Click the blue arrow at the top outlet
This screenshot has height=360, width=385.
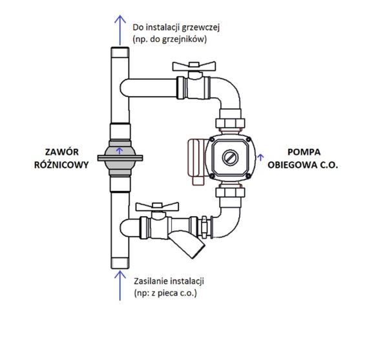(120, 30)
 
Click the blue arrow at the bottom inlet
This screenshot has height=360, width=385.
(120, 285)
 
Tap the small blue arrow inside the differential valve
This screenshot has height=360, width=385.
(120, 150)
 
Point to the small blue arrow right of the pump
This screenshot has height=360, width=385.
(260, 157)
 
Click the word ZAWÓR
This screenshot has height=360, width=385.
(62, 152)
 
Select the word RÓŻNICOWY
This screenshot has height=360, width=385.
(61, 165)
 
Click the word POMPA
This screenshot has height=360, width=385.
(304, 152)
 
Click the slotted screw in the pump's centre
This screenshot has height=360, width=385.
(231, 157)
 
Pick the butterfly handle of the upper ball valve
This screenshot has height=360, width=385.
(194, 66)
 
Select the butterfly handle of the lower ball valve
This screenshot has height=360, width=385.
(157, 207)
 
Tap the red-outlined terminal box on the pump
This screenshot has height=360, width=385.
(196, 161)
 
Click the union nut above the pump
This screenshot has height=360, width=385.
(231, 123)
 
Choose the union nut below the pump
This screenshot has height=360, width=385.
(231, 192)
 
